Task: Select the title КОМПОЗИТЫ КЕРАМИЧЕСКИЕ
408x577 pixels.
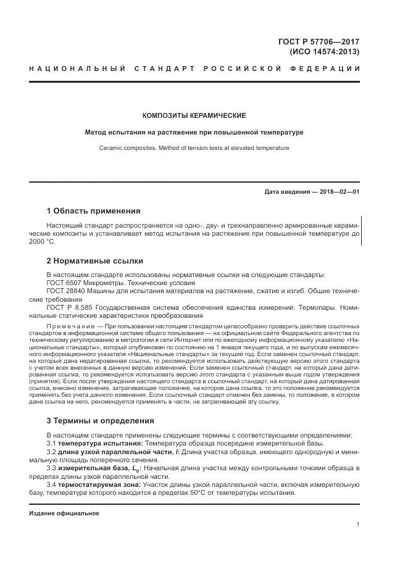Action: (x=194, y=115)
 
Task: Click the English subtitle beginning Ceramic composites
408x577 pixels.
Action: (x=194, y=148)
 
